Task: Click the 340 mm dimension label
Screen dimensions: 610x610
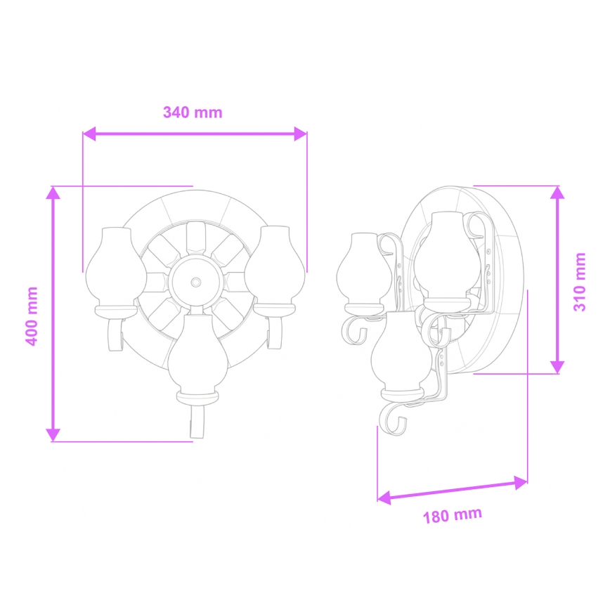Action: click(x=193, y=112)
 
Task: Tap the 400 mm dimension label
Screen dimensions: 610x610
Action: click(x=32, y=315)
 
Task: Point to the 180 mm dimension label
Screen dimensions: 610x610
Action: click(x=453, y=516)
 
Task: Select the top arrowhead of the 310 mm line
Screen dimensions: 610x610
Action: click(x=557, y=193)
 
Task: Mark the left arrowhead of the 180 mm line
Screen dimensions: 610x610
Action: click(x=384, y=498)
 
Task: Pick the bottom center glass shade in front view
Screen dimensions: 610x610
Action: click(x=196, y=351)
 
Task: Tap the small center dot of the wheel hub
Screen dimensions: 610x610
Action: click(x=195, y=283)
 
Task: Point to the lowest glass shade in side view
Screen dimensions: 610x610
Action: click(x=401, y=351)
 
